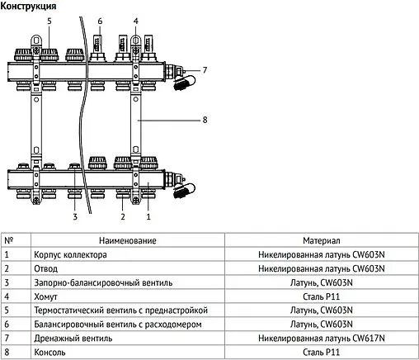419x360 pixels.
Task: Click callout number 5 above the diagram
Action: (x=49, y=20)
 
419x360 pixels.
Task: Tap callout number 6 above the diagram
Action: (x=100, y=20)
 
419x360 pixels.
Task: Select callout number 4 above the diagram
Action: (x=136, y=20)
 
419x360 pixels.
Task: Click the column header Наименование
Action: (x=127, y=240)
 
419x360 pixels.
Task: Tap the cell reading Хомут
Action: (x=45, y=296)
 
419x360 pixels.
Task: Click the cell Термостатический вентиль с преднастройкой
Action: (x=120, y=310)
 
